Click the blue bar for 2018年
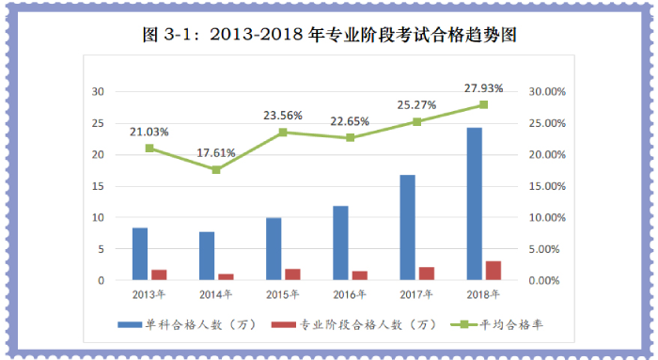pos(475,204)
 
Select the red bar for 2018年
pos(493,271)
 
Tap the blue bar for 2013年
pos(139,254)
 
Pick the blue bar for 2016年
pos(340,243)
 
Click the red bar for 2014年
pos(225,276)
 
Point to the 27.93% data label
pos(483,87)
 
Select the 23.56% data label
pos(282,116)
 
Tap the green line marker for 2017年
pos(416,121)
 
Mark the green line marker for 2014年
pos(215,169)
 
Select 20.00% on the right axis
pos(546,155)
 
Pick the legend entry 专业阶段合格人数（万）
pos(357,325)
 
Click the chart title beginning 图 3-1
pos(329,36)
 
